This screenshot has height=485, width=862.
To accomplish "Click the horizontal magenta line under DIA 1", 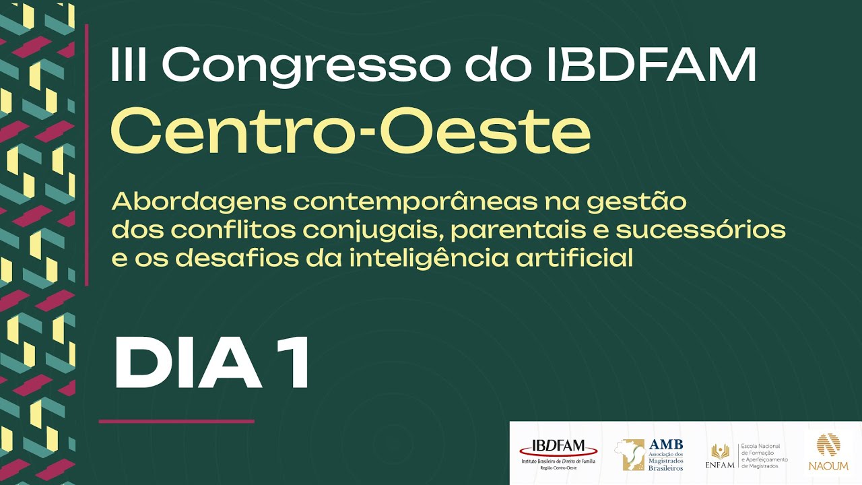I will click(x=176, y=422).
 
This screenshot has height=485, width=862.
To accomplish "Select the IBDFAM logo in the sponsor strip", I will click(x=558, y=453).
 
